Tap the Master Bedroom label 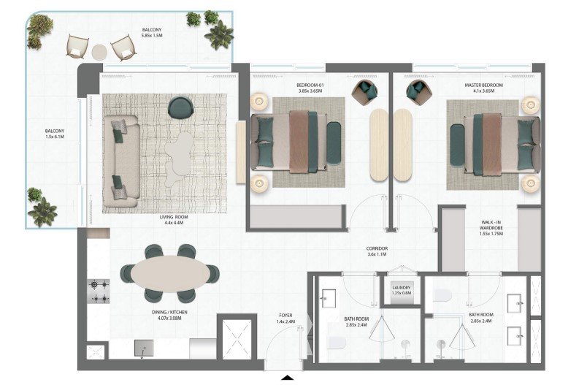click(x=484, y=88)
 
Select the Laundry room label click(x=402, y=291)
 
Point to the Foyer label click(x=285, y=319)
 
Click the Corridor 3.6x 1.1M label click(x=377, y=251)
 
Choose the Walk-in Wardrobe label click(x=491, y=228)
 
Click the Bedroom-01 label click(x=310, y=88)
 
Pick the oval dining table click(x=170, y=273)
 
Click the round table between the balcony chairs click(x=99, y=52)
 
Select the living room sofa click(x=121, y=161)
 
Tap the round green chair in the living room click(x=181, y=107)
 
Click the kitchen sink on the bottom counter click(x=144, y=348)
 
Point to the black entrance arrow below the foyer click(x=287, y=378)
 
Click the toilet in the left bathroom click(x=337, y=342)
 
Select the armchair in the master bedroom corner click(x=418, y=91)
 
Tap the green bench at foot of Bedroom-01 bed click(x=334, y=142)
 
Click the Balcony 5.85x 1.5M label click(x=152, y=33)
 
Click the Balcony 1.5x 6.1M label click(x=55, y=134)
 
